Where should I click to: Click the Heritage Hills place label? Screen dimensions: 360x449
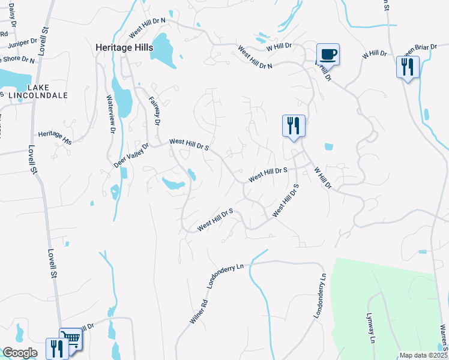pyautogui.click(x=124, y=46)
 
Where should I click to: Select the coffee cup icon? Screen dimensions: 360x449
pyautogui.click(x=328, y=55)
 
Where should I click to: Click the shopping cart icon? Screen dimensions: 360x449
pyautogui.click(x=70, y=340)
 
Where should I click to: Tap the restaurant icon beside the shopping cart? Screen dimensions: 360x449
pyautogui.click(x=57, y=348)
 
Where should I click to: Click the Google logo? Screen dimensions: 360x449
pyautogui.click(x=20, y=353)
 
